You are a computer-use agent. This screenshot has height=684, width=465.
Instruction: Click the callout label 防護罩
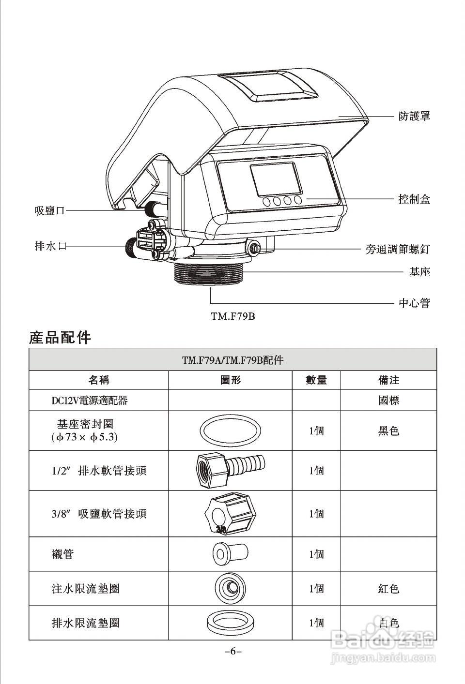click(x=414, y=117)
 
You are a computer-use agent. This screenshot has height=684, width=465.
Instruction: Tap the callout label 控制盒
click(x=414, y=199)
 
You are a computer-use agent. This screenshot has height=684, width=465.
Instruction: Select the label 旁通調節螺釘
click(x=397, y=249)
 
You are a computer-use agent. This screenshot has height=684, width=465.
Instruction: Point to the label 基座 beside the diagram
click(x=419, y=272)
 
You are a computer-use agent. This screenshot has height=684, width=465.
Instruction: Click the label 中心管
click(x=414, y=303)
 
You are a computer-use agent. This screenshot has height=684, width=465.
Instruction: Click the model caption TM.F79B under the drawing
click(x=232, y=316)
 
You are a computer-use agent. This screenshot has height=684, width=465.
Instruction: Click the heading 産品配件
click(x=60, y=337)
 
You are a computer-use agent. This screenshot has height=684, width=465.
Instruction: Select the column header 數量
click(x=316, y=380)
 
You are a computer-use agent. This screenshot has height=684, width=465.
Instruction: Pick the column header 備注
click(x=388, y=380)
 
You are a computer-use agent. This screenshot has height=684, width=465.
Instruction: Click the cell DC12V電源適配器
click(x=90, y=401)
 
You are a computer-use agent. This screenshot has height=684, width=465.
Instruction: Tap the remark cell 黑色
click(x=388, y=431)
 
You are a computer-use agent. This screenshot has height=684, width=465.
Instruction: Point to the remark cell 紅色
click(x=388, y=589)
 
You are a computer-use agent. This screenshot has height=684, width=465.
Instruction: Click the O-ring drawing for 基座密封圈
click(x=231, y=431)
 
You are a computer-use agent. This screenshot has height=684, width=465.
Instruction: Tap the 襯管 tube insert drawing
click(x=230, y=553)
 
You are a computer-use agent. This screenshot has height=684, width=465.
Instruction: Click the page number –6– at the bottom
click(x=233, y=651)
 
